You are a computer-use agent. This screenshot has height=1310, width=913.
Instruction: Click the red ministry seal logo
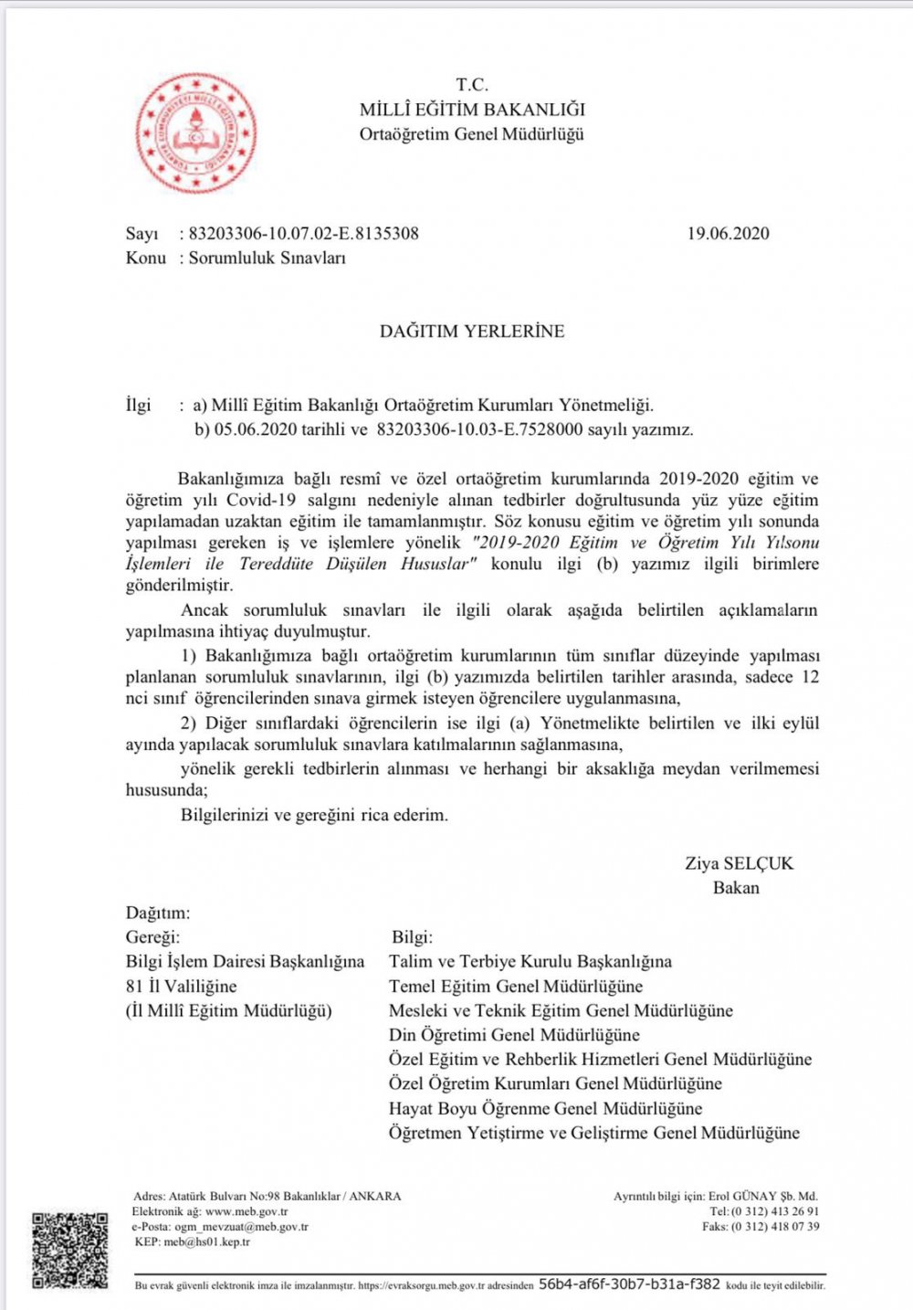(x=195, y=133)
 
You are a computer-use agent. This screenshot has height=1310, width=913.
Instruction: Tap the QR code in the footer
(x=70, y=1251)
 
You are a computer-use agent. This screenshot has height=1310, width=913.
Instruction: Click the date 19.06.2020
(x=728, y=233)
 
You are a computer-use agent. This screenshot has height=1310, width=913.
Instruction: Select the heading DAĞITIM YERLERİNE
(x=472, y=331)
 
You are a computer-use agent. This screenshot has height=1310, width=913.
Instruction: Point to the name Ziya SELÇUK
(x=739, y=863)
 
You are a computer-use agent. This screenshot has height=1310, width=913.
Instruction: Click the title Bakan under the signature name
(x=736, y=888)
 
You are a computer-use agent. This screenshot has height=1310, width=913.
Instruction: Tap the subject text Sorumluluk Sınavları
(x=268, y=258)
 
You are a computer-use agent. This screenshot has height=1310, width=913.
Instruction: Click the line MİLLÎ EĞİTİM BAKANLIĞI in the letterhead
(x=472, y=110)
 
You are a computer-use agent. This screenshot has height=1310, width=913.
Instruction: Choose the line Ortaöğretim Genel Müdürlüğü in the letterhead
(x=471, y=134)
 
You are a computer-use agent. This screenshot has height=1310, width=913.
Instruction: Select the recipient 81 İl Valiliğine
(x=181, y=986)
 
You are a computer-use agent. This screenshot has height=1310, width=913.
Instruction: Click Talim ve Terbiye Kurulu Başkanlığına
(x=530, y=961)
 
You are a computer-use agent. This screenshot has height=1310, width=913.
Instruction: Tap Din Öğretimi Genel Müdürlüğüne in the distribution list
(x=514, y=1035)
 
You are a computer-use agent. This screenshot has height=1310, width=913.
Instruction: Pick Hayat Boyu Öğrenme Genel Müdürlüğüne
(x=545, y=1108)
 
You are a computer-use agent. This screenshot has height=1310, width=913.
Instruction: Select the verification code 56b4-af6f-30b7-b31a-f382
(x=629, y=1284)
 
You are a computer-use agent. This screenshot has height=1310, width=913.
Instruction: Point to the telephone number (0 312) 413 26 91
(x=777, y=1211)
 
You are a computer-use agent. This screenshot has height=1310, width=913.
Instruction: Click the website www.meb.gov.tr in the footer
(x=247, y=1211)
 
